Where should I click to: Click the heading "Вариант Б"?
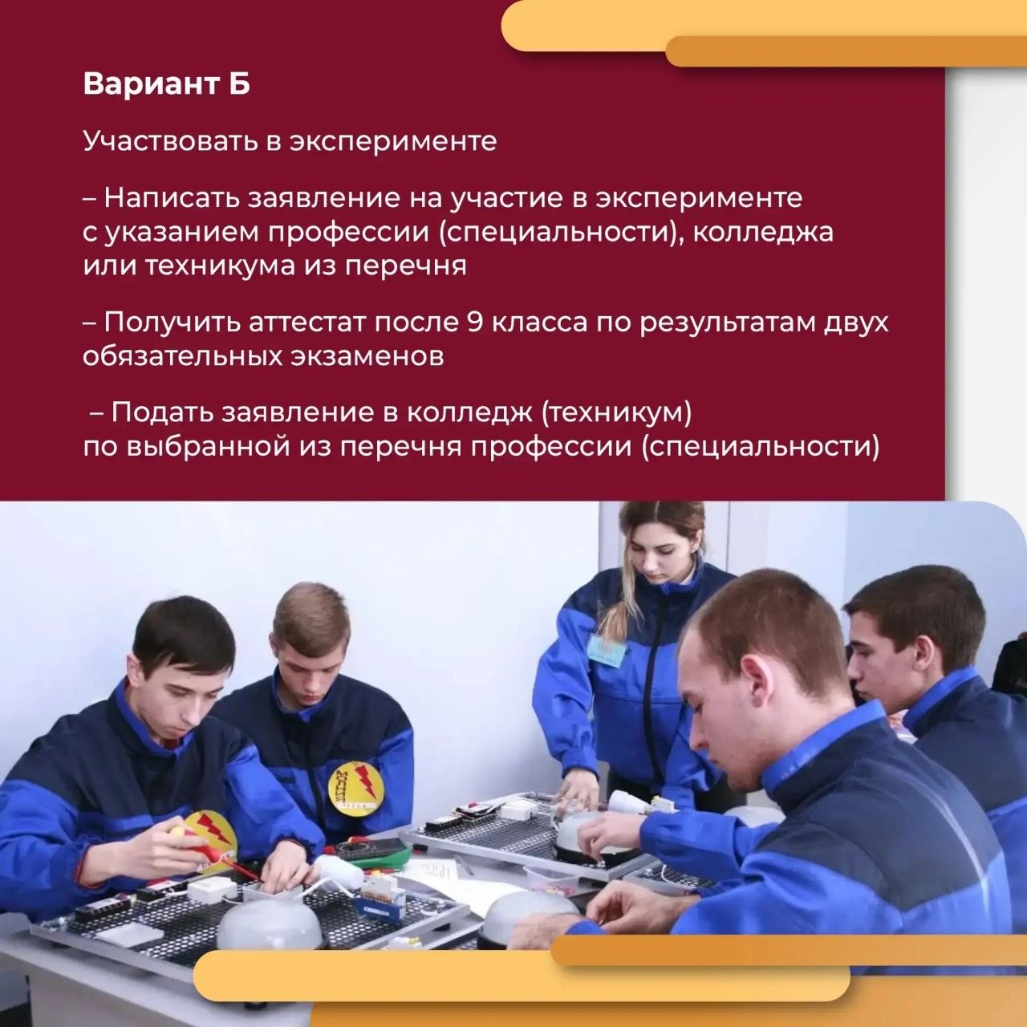pos(166,84)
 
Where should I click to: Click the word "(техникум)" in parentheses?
pos(617,413)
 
